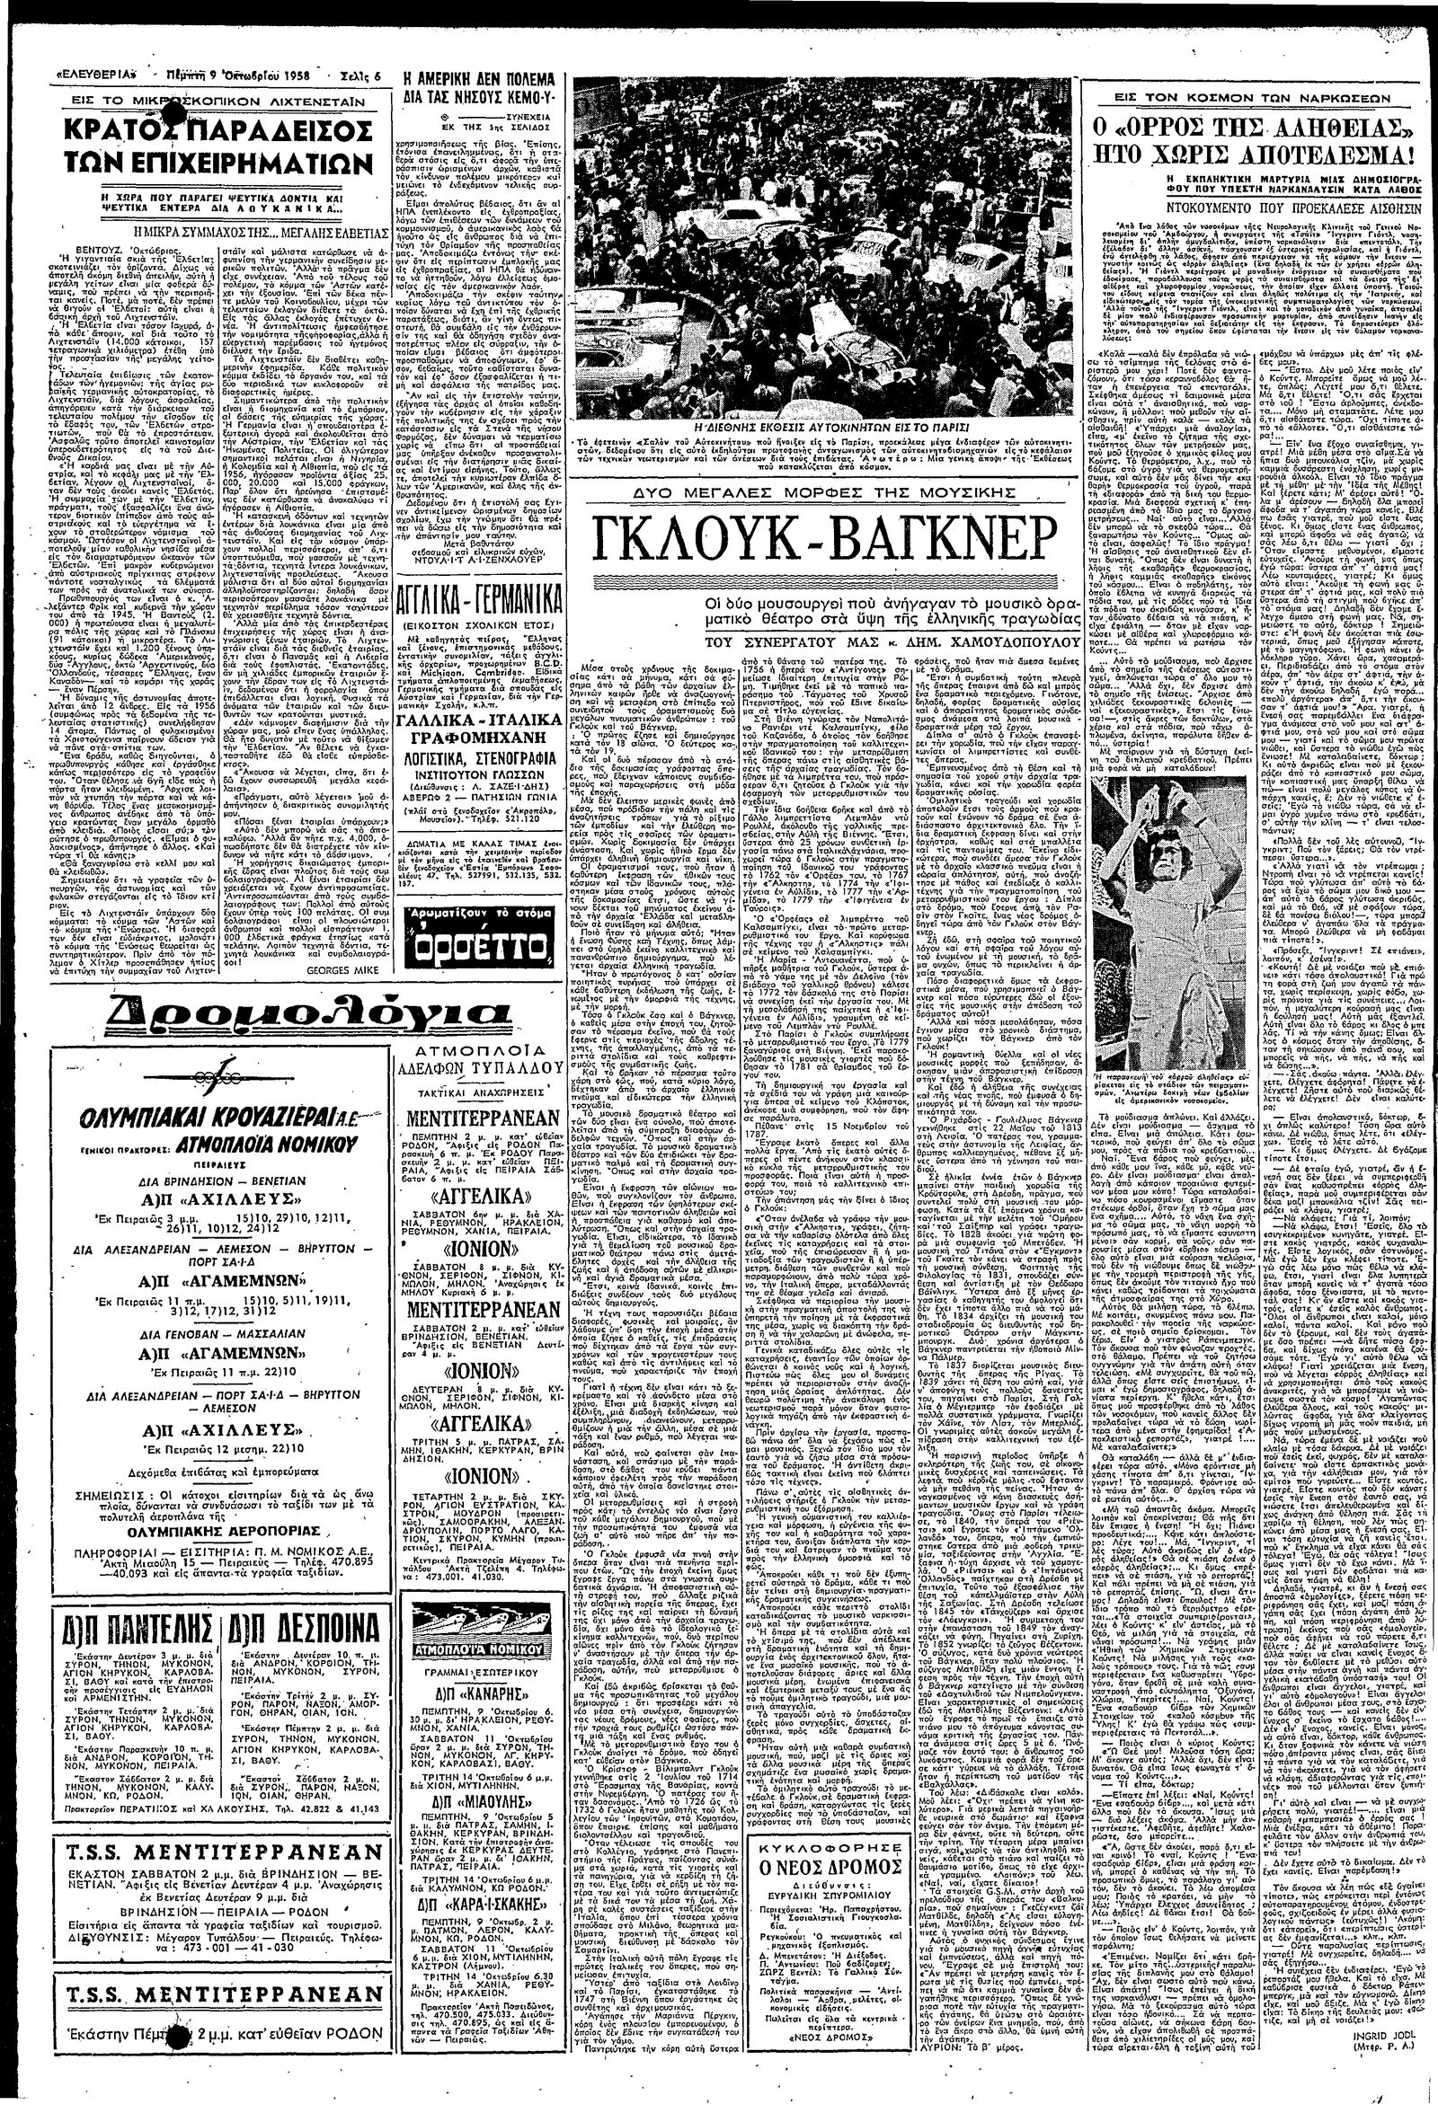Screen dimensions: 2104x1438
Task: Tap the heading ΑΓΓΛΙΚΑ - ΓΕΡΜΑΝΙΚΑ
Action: click(477, 602)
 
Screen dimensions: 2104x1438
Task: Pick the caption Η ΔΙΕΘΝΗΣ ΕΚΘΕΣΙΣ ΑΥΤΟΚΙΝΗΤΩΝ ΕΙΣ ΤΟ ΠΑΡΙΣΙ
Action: click(821, 424)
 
